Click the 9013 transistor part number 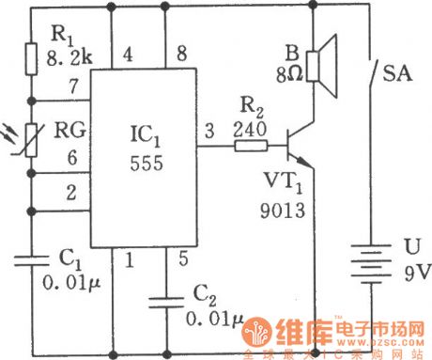[285, 211]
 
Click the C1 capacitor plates [32, 254]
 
